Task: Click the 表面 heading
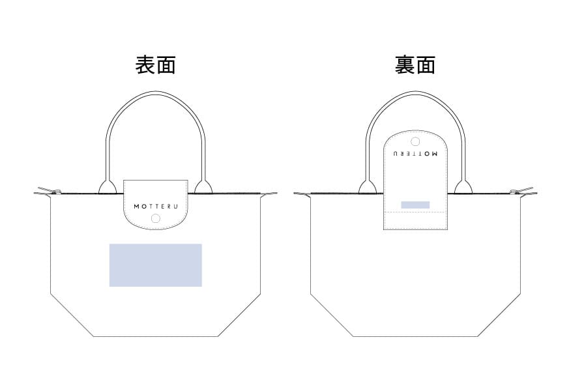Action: (x=156, y=65)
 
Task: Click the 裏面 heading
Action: (x=415, y=65)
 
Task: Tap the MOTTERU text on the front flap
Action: (x=156, y=207)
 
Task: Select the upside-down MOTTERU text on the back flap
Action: (x=415, y=153)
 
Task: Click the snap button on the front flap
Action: (x=156, y=218)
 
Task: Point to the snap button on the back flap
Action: (x=415, y=141)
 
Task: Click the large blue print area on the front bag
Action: (x=156, y=265)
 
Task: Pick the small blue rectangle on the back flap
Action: (x=415, y=205)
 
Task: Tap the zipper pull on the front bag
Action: (x=47, y=190)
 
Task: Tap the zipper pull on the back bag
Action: (x=521, y=190)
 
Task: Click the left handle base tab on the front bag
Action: (x=108, y=186)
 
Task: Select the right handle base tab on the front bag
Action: (x=203, y=186)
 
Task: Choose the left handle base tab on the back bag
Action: (x=368, y=186)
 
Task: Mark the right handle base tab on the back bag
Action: (x=463, y=186)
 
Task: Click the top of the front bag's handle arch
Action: (x=156, y=93)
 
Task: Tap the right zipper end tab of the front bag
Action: (x=269, y=194)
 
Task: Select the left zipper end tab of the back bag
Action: (x=302, y=194)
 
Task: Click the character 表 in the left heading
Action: (x=145, y=65)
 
